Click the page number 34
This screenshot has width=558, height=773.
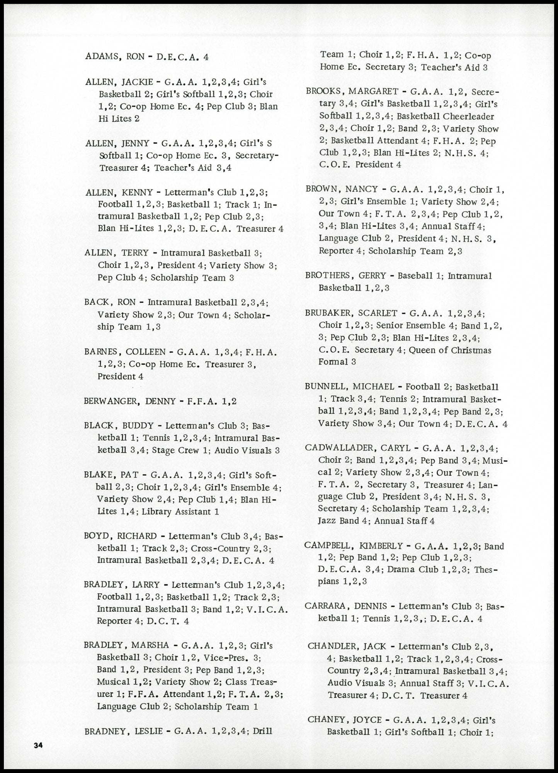37,746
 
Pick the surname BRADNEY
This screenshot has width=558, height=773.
106,731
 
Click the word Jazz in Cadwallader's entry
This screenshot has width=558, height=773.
327,521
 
